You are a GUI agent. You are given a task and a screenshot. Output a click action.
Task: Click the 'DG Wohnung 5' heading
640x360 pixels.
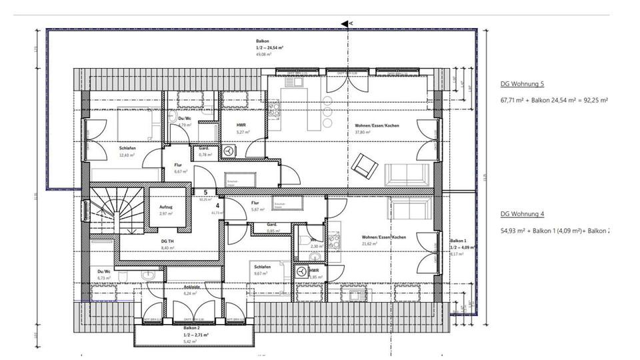[x=522, y=85]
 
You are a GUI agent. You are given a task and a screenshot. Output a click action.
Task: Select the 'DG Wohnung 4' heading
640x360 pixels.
[x=522, y=215]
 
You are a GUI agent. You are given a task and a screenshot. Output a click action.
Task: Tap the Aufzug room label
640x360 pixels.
[x=165, y=207]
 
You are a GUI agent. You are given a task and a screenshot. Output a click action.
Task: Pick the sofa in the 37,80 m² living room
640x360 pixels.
[x=405, y=175]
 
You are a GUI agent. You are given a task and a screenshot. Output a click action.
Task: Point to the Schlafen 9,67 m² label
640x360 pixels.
[x=261, y=266]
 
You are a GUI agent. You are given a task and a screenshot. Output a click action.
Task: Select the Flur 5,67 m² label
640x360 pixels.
[x=255, y=203]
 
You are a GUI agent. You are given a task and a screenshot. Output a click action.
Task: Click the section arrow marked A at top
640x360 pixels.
[x=345, y=23]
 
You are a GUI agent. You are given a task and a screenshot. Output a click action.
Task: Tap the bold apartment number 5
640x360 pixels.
[x=205, y=193]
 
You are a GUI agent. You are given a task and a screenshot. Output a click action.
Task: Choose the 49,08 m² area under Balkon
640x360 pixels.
[x=262, y=54]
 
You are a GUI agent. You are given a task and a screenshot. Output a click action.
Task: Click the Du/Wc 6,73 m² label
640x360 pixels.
[x=103, y=272]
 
